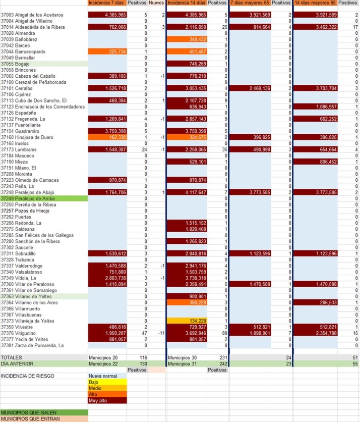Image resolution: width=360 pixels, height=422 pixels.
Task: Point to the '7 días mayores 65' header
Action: pos(250,3)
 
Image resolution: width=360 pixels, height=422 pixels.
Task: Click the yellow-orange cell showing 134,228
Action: pos(187,321)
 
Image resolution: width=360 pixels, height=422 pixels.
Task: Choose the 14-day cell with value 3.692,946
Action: pos(187,333)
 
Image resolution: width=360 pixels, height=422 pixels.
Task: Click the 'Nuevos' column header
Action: pos(157,3)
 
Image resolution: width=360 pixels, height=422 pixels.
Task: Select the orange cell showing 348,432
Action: pos(187,39)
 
